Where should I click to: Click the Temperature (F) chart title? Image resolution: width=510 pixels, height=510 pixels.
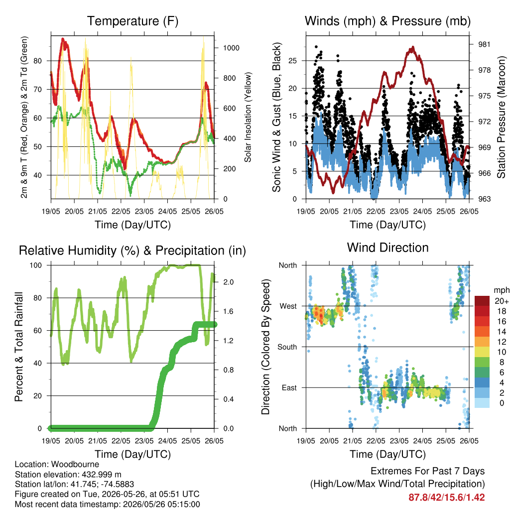tap(132, 21)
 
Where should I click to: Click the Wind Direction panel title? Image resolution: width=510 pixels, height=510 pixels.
tap(387, 248)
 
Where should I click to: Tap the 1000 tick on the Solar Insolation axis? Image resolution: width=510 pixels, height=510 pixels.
tap(231, 48)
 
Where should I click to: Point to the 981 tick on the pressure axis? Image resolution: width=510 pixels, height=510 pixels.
tap(484, 44)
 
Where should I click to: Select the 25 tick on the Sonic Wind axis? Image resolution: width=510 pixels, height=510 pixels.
tap(293, 60)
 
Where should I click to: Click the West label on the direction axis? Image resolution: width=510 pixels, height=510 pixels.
tap(288, 306)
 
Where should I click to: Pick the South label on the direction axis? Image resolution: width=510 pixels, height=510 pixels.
tap(287, 347)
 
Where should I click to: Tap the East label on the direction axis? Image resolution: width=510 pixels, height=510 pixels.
tap(289, 387)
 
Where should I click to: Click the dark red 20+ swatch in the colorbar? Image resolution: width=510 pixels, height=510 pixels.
tap(482, 301)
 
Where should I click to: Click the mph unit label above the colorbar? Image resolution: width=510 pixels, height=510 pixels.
tap(502, 290)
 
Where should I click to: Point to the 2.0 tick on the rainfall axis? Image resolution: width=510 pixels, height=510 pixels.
tap(228, 282)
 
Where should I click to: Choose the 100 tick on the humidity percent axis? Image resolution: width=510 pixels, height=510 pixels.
tap(36, 265)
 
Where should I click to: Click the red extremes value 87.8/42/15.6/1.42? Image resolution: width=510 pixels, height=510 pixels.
tap(447, 498)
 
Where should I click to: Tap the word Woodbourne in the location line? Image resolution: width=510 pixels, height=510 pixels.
tap(75, 464)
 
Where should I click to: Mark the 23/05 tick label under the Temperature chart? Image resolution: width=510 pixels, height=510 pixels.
tap(144, 211)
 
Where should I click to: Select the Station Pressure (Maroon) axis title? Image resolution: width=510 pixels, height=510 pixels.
tap(501, 117)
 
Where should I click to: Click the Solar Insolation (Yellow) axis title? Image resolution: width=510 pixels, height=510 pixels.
tap(248, 117)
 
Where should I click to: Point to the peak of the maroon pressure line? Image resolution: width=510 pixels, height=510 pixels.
tap(413, 47)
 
